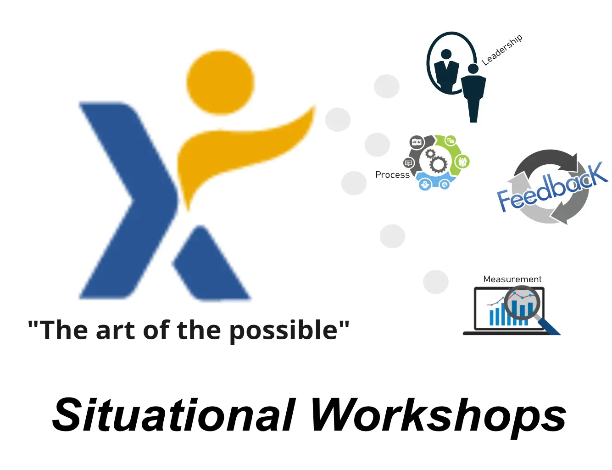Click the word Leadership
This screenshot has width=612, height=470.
point(502,50)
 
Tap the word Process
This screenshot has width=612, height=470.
point(392,175)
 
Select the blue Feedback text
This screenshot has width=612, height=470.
point(551,187)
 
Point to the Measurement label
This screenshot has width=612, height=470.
point(512,279)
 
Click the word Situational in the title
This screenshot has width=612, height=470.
point(173,414)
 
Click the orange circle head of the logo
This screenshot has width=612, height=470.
point(220,83)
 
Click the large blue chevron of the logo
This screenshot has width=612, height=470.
point(128,200)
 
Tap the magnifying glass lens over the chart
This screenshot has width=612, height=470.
point(522,303)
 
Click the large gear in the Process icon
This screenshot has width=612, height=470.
point(438,164)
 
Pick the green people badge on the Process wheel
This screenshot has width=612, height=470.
point(462,162)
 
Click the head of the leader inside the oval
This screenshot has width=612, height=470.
point(446,54)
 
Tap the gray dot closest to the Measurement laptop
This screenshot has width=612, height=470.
point(435,282)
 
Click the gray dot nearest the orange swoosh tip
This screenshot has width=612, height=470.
point(338,119)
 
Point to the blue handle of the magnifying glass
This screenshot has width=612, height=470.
point(549,326)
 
